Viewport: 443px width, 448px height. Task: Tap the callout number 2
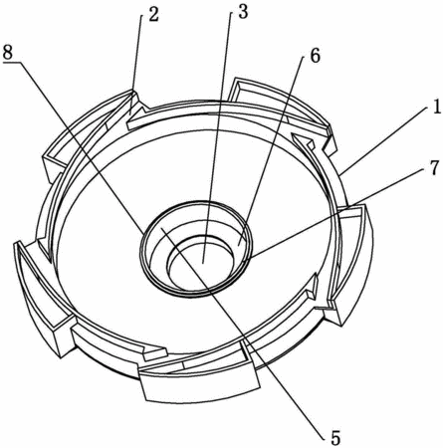coord(152,14)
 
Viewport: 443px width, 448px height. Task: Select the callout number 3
coord(243,12)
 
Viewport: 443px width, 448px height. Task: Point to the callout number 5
coord(335,438)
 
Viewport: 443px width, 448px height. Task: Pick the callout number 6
coord(315,56)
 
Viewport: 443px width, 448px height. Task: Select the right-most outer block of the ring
coord(353,262)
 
